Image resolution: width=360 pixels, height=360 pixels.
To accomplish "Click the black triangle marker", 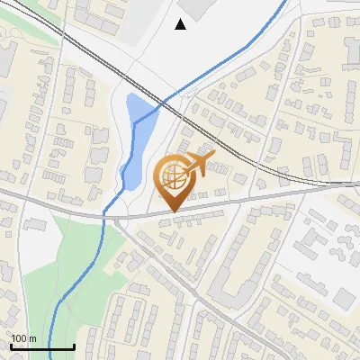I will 181,24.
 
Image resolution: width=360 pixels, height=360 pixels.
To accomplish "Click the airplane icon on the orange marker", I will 198,163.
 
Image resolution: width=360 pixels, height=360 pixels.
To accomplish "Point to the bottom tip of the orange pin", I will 173,212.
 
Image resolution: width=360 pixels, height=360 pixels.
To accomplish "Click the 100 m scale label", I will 23,338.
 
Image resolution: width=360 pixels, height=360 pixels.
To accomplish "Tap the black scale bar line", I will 41,346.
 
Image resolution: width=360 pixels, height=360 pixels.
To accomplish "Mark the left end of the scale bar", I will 11,346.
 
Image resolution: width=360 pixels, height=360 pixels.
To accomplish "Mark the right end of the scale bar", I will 73,346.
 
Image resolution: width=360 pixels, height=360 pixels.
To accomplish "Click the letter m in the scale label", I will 31,338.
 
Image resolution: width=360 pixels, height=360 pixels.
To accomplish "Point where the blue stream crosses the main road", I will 107,213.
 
